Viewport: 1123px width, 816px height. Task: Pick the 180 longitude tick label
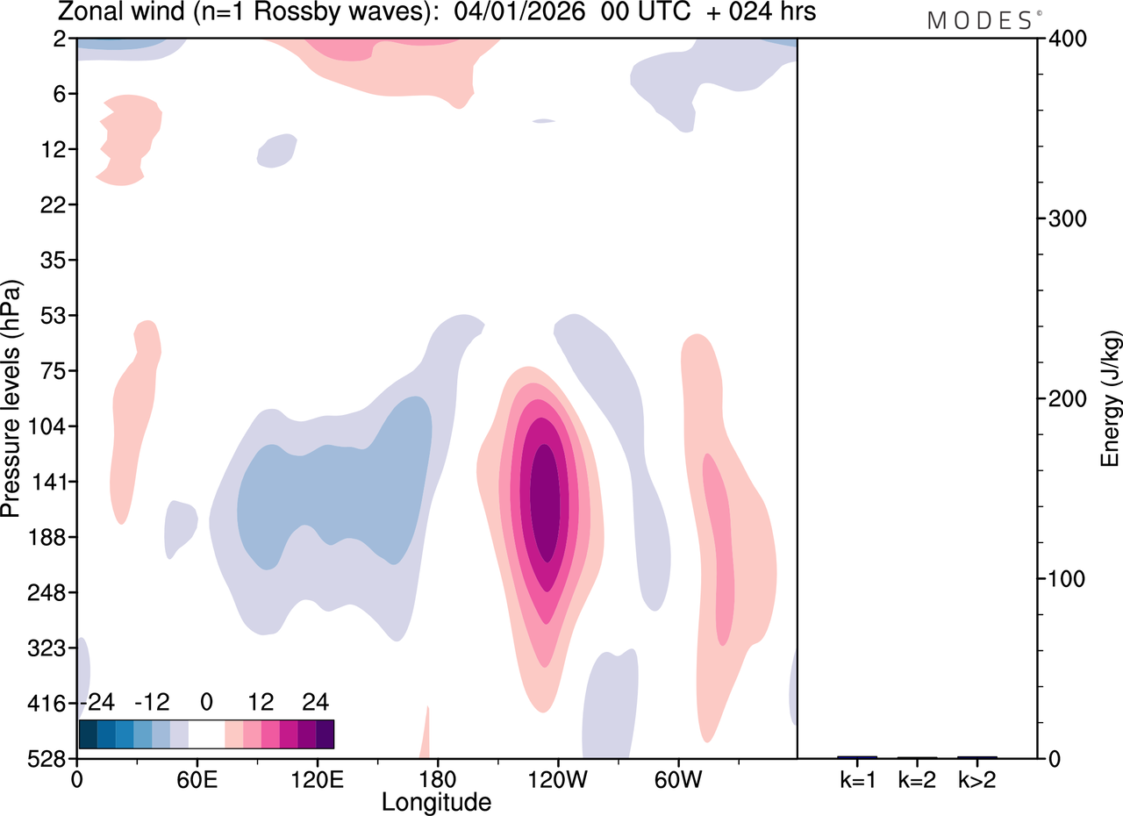(437, 778)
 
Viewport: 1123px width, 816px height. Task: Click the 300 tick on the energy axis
(1066, 218)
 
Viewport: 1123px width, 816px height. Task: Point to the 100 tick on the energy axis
(1066, 579)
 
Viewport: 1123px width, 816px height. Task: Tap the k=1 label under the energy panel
(856, 778)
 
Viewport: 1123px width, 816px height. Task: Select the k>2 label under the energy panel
(977, 778)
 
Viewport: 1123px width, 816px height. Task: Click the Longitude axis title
(436, 801)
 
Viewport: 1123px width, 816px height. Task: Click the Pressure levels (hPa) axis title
(12, 399)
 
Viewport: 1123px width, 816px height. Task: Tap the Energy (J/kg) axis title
(1111, 399)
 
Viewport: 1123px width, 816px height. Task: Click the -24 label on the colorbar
(97, 702)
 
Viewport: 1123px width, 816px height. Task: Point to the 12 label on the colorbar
(261, 702)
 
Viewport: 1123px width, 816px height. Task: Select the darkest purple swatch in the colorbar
(325, 734)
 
